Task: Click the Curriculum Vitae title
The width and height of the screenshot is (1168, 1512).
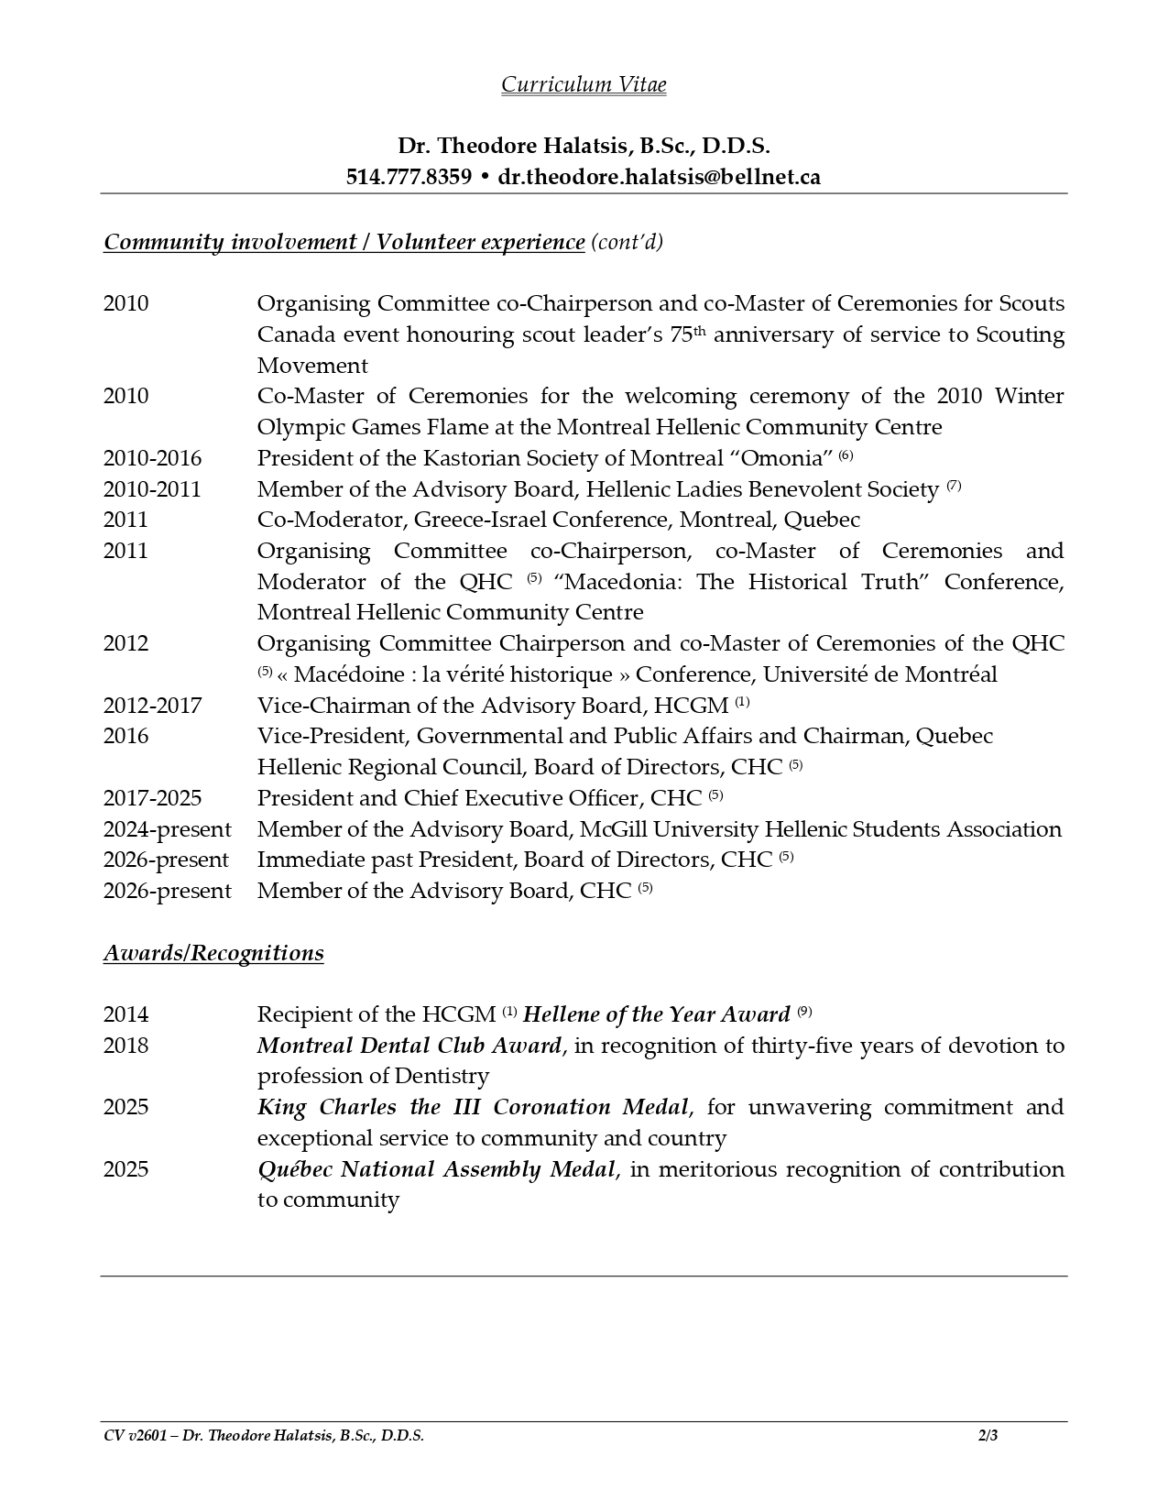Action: (x=584, y=84)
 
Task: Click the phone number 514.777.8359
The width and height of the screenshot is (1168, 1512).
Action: (x=409, y=177)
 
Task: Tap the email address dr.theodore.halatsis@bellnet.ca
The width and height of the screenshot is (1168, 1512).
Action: (x=659, y=177)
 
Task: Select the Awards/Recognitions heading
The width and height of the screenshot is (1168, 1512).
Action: (x=213, y=953)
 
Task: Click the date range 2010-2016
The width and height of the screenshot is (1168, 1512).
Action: (x=152, y=458)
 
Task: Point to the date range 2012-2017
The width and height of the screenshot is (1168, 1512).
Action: (x=152, y=706)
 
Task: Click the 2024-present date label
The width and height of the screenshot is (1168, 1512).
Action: (x=167, y=829)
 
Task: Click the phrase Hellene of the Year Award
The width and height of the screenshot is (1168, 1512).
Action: (x=656, y=1014)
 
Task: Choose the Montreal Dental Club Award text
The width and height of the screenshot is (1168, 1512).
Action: (x=409, y=1046)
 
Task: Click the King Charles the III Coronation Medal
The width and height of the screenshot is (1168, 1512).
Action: (x=472, y=1107)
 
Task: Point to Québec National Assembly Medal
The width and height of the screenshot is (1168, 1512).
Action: (x=436, y=1169)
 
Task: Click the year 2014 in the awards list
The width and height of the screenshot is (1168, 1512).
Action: (x=126, y=1014)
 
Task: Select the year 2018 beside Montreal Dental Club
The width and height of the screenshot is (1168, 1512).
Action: (x=126, y=1046)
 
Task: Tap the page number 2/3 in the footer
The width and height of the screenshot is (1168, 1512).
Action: (x=988, y=1436)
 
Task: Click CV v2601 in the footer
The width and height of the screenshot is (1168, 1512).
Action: (x=135, y=1436)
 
